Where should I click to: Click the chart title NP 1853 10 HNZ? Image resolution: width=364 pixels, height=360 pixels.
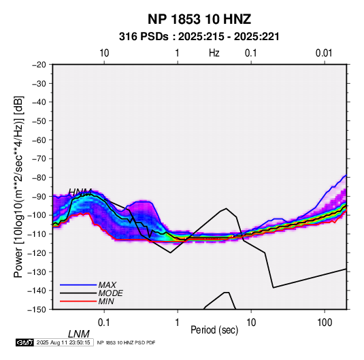pos(199,19)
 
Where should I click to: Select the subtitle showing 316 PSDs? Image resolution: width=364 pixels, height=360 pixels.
pos(199,37)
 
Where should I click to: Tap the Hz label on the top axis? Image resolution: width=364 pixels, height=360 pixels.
pos(214,53)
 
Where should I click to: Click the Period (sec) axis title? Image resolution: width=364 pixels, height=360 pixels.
pos(214,330)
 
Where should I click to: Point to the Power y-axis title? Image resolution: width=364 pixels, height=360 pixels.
pos(18,186)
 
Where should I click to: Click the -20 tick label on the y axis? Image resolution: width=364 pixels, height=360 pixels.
pos(39,65)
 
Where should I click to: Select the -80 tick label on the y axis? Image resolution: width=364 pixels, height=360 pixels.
pos(39,178)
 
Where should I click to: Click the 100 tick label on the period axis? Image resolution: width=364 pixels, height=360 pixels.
pos(324,323)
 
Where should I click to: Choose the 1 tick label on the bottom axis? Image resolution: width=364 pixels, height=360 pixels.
pos(177,323)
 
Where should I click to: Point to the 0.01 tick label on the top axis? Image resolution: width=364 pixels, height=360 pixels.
pos(324,53)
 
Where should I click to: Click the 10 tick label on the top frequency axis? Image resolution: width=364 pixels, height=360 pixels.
pos(104,53)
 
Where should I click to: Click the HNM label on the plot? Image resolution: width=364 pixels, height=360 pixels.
pos(80,193)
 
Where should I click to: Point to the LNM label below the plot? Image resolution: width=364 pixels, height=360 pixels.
pos(79,334)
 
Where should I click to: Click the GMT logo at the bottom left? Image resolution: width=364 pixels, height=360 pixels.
pos(25,342)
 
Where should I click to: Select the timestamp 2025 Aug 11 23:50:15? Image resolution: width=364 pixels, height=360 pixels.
pos(63,342)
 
